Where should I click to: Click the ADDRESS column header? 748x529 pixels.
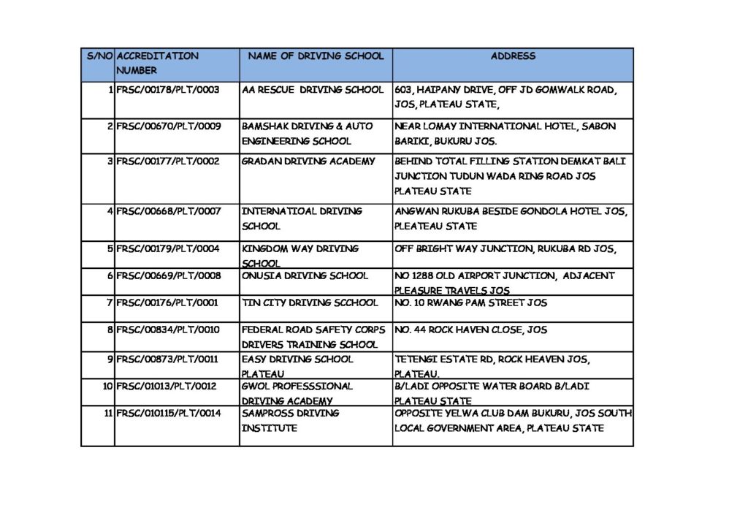point(513,56)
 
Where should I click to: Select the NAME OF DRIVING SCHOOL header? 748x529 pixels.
point(316,56)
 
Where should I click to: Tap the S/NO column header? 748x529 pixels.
point(99,56)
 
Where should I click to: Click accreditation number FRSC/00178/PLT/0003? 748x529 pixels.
point(168,90)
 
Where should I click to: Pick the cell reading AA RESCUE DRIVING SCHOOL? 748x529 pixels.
point(313,90)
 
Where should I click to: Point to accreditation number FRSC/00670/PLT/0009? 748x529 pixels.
point(168,126)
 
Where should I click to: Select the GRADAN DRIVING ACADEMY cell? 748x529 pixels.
point(308,161)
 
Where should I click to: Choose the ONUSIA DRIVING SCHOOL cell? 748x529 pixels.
point(305,276)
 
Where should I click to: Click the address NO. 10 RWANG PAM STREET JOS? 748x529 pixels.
point(470,302)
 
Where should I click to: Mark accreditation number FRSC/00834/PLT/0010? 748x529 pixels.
point(168,330)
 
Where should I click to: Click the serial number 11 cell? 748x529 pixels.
point(107,414)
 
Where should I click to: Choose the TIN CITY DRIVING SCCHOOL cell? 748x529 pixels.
point(310,302)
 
